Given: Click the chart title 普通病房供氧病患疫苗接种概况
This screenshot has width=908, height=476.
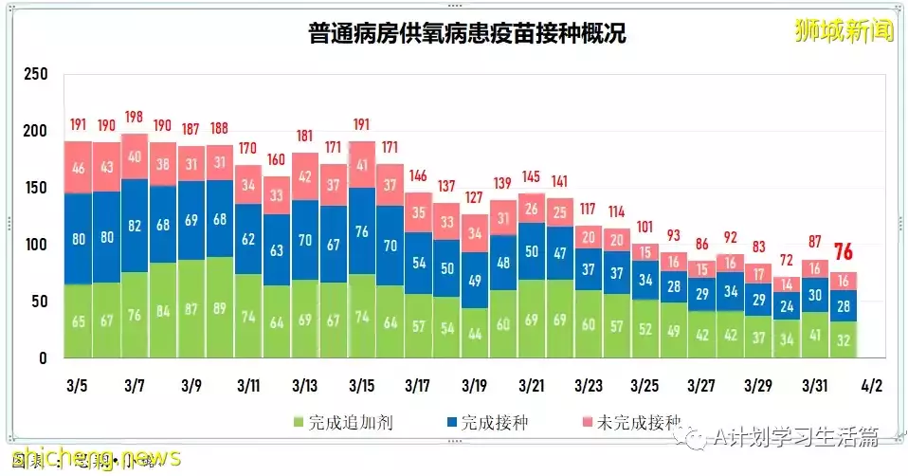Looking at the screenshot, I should pos(466,35).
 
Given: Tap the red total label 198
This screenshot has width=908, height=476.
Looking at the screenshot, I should pos(135,118).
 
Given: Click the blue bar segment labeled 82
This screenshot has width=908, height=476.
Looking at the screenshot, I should pos(135,225).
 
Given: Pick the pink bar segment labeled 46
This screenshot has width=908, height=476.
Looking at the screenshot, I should pos(78,167).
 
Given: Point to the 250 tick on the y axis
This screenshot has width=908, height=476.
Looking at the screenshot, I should pos(35,74).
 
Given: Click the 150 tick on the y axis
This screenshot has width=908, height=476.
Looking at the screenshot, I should pos(35,188).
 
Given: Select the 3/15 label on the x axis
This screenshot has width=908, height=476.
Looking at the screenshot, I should pos(361,387).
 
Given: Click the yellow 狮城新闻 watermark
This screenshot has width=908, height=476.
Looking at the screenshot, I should pos(844,30).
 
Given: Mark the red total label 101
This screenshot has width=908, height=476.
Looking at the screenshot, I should pos(645,227).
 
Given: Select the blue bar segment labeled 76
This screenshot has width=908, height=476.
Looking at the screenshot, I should pos(361,231).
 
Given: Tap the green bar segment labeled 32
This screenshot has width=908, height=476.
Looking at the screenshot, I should pos(844,339).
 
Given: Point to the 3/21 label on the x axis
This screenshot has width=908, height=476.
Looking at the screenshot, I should pos(532,387).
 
